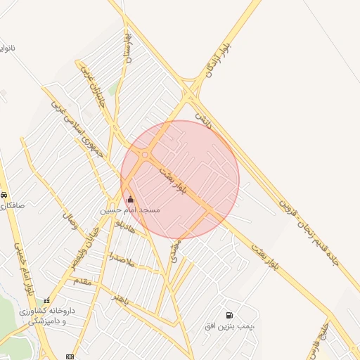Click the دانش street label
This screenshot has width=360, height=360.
coord(203,112)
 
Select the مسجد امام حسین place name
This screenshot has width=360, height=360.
coord(129,210)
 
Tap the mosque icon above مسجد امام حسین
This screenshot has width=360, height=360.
coord(130,199)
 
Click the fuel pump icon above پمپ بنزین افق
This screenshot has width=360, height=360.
coord(229,316)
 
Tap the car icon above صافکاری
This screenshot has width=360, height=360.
coord(4,195)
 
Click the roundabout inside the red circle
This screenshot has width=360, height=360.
coord(145,155)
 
